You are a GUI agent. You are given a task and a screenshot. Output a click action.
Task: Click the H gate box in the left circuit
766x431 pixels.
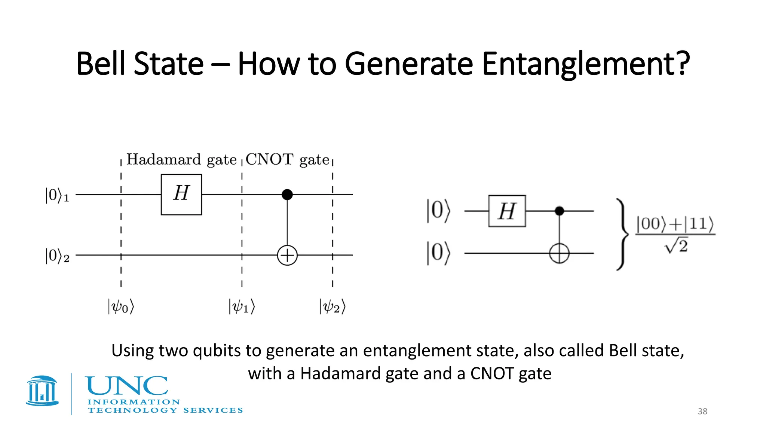pos(181,195)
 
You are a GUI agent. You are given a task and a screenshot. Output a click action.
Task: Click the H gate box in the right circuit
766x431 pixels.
pos(507,211)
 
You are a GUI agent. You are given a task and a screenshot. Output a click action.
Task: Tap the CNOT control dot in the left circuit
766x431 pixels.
pos(287,195)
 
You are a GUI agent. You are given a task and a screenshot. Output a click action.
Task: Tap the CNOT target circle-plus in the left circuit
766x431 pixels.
pos(287,256)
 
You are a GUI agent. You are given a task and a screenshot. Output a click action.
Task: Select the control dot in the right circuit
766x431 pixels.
pos(559,211)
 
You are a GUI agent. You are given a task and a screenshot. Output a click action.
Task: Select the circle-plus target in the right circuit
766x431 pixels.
pos(559,253)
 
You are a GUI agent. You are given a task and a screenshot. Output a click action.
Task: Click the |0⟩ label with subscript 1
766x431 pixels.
pos(57,195)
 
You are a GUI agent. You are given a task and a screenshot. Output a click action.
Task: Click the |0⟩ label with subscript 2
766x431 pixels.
pos(57,256)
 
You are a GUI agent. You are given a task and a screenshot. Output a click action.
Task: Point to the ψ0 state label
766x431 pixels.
pos(121,306)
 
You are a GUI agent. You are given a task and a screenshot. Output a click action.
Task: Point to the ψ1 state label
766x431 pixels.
pos(242,306)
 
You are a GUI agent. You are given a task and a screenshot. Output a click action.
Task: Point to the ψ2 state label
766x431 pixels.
pos(333,306)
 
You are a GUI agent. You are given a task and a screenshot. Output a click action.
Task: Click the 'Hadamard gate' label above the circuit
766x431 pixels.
pos(181,160)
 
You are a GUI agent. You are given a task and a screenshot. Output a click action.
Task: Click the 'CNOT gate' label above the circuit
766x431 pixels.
pos(287,160)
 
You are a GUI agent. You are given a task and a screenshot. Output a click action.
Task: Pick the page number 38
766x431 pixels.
pos(702,411)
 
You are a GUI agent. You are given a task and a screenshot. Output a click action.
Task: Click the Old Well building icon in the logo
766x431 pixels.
pos(42,391)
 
